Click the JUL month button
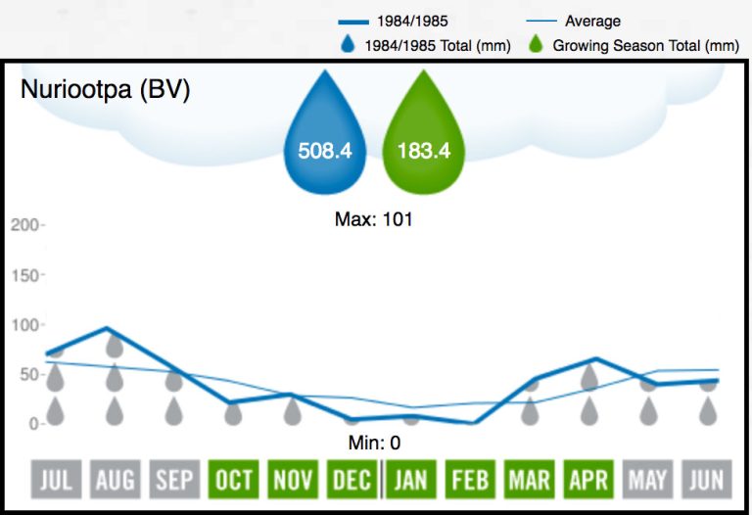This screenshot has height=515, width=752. [x=57, y=480]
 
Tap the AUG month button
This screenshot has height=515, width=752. [x=116, y=480]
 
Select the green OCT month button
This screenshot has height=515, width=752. [x=234, y=480]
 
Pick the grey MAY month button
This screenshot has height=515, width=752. [x=648, y=480]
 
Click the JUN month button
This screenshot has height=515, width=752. [x=707, y=480]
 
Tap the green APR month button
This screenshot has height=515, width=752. [x=588, y=480]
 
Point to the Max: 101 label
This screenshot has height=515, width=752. [x=374, y=219]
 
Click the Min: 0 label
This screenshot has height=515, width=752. [x=374, y=443]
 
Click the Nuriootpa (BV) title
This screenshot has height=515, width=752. [x=105, y=90]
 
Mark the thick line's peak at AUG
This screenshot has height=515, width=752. [x=106, y=329]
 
